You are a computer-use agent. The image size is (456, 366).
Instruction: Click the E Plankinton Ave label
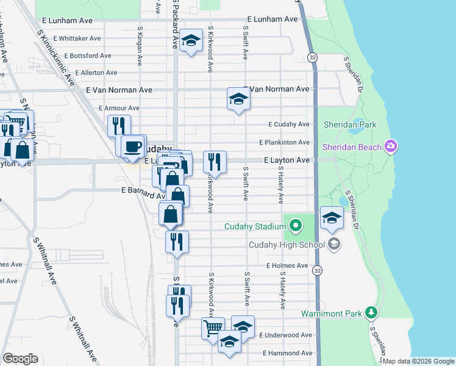pyautogui.click(x=284, y=142)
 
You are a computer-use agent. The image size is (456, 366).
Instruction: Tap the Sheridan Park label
pyautogui.click(x=350, y=124)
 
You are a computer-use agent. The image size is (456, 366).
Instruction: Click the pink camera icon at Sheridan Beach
pyautogui.click(x=391, y=146)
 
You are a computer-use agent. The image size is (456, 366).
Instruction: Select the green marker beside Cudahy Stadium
pyautogui.click(x=296, y=227)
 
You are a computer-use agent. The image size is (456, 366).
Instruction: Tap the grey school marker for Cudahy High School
pyautogui.click(x=333, y=245)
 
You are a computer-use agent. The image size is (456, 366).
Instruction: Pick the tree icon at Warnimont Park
pyautogui.click(x=371, y=313)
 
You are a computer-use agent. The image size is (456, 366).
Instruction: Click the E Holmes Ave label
pyautogui.click(x=287, y=266)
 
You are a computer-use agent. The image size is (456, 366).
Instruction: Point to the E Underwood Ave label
pyautogui.click(x=285, y=335)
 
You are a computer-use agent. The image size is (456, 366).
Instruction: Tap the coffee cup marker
pyautogui.click(x=133, y=146)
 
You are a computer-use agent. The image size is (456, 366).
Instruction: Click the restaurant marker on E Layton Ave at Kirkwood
pyautogui.click(x=214, y=162)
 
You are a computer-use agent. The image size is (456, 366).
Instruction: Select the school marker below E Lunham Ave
pyautogui.click(x=191, y=41)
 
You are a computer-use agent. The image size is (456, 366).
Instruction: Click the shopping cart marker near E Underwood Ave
pyautogui.click(x=213, y=328)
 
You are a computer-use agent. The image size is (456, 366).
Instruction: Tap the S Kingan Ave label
pyautogui.click(x=140, y=45)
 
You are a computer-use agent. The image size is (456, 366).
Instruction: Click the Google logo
pyautogui.click(x=20, y=359)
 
